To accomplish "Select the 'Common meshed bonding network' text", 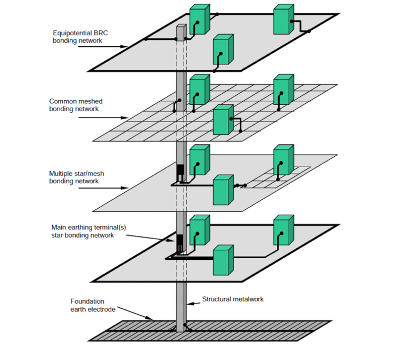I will (76, 105).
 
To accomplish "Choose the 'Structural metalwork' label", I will (233, 299).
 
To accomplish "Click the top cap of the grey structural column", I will (181, 26).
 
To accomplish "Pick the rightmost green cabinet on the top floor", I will (283, 20).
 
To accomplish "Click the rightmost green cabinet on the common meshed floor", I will (283, 88).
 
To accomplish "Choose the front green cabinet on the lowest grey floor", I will (223, 260).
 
